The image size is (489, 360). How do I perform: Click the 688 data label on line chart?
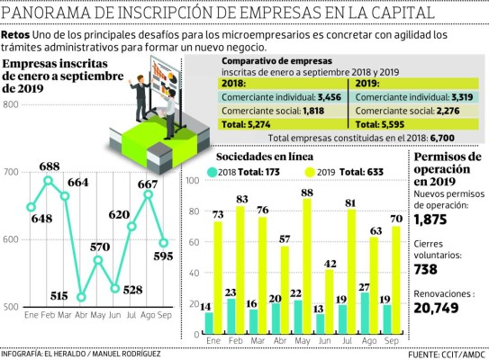49,166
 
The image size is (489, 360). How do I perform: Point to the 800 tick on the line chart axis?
11,104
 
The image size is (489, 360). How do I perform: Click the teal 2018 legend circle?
211,171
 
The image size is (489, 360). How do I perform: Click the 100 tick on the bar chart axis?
190,181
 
